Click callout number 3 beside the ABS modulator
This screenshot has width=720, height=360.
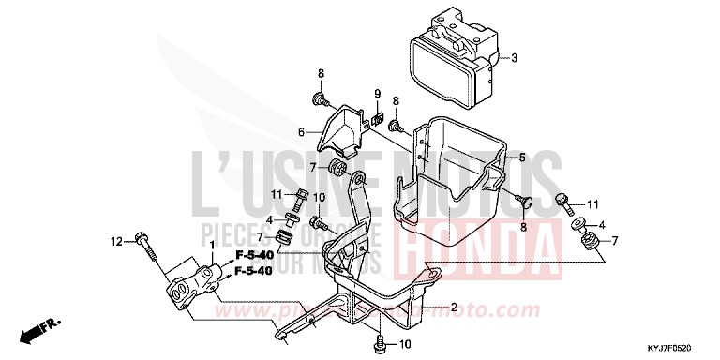pos(514,58)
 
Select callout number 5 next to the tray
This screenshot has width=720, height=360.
pos(522,157)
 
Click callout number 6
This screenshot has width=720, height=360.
pos(302,131)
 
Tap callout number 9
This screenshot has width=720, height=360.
pos(377,93)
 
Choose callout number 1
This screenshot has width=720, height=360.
pos(213,246)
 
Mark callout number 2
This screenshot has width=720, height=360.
pos(453,307)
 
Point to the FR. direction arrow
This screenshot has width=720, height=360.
pos(43,328)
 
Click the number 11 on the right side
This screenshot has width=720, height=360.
pos(592,203)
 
